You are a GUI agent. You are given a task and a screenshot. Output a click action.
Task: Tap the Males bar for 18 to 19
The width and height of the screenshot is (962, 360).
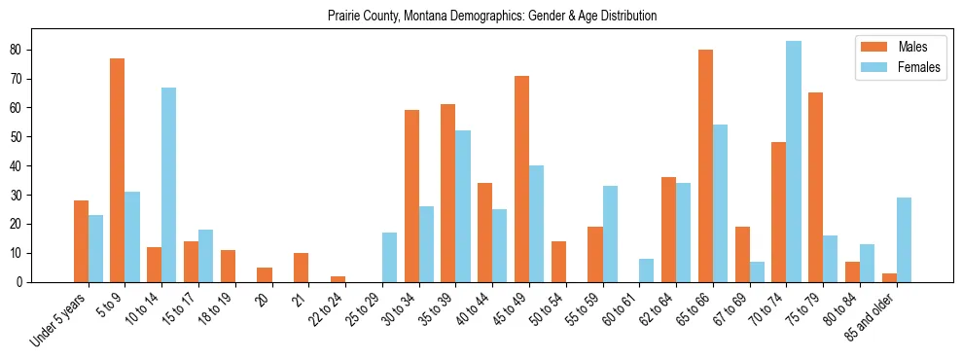(228, 267)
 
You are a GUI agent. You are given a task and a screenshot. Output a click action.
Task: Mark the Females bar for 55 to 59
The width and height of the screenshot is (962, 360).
(610, 234)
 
